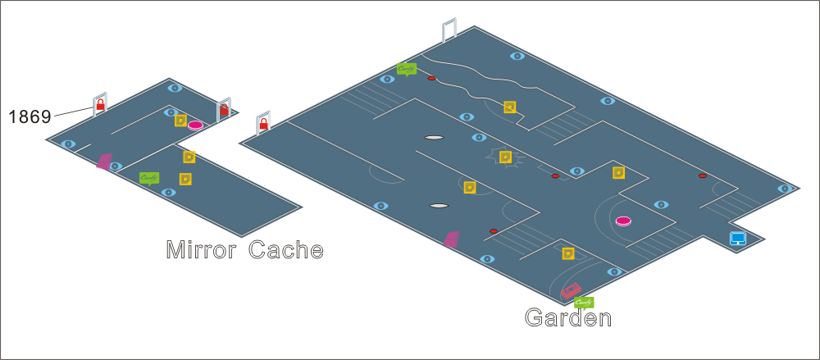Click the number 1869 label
point(30,116)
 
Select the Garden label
point(568,318)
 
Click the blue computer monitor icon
point(738,239)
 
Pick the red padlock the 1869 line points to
point(100,106)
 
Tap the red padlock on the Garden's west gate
point(264,125)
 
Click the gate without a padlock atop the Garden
point(449,31)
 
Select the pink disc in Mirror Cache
point(195,125)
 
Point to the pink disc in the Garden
point(623,221)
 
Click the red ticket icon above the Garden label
point(571,290)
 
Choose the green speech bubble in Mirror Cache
point(149,177)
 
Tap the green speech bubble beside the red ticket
point(584,302)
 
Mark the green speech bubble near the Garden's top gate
point(407,69)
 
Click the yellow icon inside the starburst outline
point(506,156)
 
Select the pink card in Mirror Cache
point(104,161)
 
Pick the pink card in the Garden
point(451,239)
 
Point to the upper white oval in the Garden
point(434,137)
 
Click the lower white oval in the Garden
point(440,205)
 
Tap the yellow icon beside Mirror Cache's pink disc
point(180,121)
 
